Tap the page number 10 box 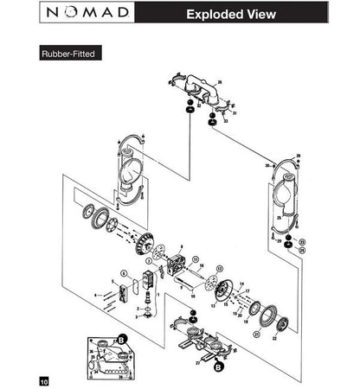pyautogui.click(x=43, y=380)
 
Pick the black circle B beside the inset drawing pyautogui.click(x=122, y=339)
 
